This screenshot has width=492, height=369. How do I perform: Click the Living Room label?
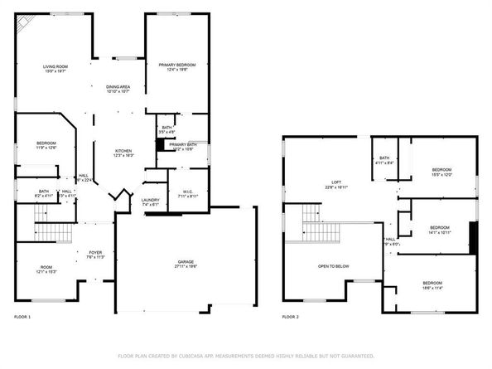[x=55, y=66]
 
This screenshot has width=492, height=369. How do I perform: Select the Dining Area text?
[x=118, y=86]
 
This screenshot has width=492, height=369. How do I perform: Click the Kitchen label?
[x=123, y=150]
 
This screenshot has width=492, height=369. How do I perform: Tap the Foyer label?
[x=96, y=251]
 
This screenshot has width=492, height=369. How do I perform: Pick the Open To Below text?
[x=333, y=266]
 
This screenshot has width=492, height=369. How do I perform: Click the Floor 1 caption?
[x=22, y=317]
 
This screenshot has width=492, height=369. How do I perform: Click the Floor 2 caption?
[x=290, y=317]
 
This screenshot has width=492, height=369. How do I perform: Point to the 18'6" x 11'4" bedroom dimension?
[x=432, y=288]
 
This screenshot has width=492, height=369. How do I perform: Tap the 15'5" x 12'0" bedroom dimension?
[x=441, y=174]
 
